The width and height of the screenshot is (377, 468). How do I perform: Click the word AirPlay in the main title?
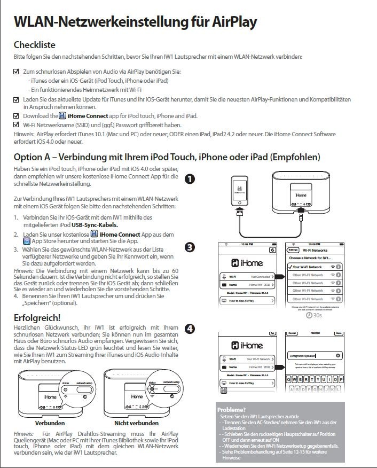point(227,22)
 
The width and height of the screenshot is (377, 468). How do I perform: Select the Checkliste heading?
point(34,45)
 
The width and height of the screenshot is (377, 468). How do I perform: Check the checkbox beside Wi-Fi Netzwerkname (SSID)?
point(16,124)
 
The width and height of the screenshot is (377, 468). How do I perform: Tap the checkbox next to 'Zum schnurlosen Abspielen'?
point(16,71)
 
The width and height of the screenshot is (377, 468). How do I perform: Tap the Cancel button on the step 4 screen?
point(292,333)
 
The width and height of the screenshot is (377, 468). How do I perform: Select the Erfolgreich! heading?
point(37,318)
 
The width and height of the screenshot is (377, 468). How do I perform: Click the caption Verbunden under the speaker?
point(50,423)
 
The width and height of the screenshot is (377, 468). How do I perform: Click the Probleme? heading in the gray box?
point(232,410)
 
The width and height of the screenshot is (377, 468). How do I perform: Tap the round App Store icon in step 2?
point(27,241)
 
